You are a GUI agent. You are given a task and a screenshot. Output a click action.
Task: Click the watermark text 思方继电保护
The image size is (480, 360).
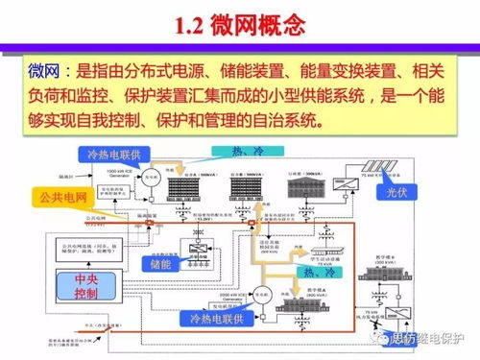(430, 338)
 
